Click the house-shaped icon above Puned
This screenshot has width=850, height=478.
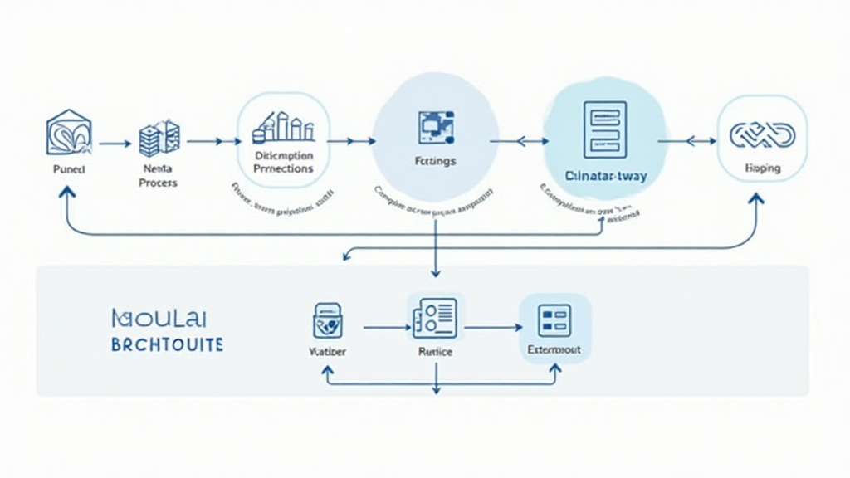pos(69,133)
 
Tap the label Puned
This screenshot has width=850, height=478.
pos(68,168)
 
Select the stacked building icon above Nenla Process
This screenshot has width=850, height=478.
pos(159,138)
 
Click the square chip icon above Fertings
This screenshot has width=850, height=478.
pos(435,125)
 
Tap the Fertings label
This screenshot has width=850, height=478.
pos(434,161)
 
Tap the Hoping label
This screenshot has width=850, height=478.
pos(762,168)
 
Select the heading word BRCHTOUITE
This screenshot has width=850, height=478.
pos(167,344)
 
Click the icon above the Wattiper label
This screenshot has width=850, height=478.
pos(328,320)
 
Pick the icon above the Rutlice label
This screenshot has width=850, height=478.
pos(435,317)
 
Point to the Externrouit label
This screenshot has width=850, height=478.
pos(554,351)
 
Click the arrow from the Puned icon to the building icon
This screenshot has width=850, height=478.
pos(115,144)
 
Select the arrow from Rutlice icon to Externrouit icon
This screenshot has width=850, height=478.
pos(493,328)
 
